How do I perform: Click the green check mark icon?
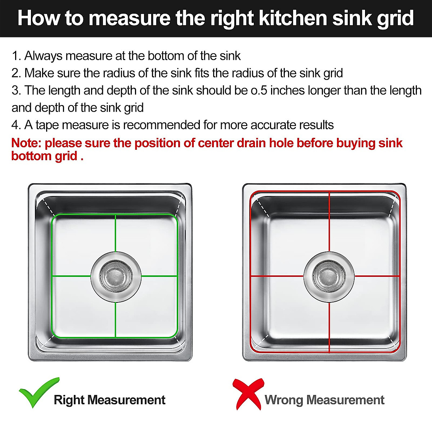[38, 392]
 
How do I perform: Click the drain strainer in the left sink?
[116, 276]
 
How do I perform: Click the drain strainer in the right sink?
[329, 276]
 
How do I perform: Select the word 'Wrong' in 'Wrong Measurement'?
[283, 400]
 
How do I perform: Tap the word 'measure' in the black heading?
[129, 19]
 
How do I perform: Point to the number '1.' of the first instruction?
[17, 56]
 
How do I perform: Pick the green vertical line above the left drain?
[115, 233]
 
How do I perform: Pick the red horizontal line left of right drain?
[276, 276]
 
